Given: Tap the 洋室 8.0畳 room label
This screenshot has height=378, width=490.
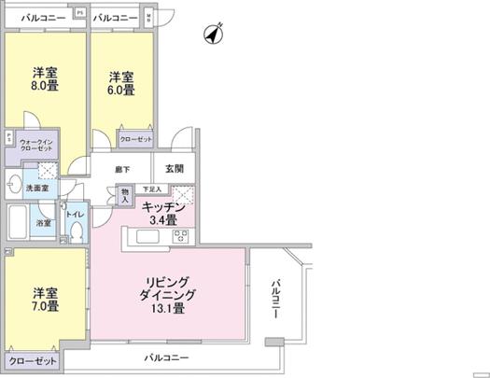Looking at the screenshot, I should click(x=45, y=81).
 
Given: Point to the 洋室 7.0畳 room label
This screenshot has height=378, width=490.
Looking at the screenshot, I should click(x=44, y=298).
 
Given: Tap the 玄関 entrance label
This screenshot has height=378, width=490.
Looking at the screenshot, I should click(x=175, y=169).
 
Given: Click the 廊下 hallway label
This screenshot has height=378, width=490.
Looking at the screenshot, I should click(x=122, y=170).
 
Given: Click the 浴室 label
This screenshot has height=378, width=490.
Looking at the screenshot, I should click(x=43, y=223).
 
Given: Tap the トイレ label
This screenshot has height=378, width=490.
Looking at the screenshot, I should click(x=75, y=213).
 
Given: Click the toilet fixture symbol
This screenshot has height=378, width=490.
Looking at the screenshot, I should click(x=76, y=232).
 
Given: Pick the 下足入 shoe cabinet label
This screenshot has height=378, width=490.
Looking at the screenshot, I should click(x=150, y=189).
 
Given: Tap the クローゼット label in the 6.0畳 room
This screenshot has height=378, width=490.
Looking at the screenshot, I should click(x=136, y=139).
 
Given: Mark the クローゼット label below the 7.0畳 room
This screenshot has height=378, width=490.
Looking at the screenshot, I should click(x=33, y=360).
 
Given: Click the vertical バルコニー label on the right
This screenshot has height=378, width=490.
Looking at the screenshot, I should click(x=276, y=301).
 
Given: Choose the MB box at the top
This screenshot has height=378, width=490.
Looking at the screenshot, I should click(x=151, y=18).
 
